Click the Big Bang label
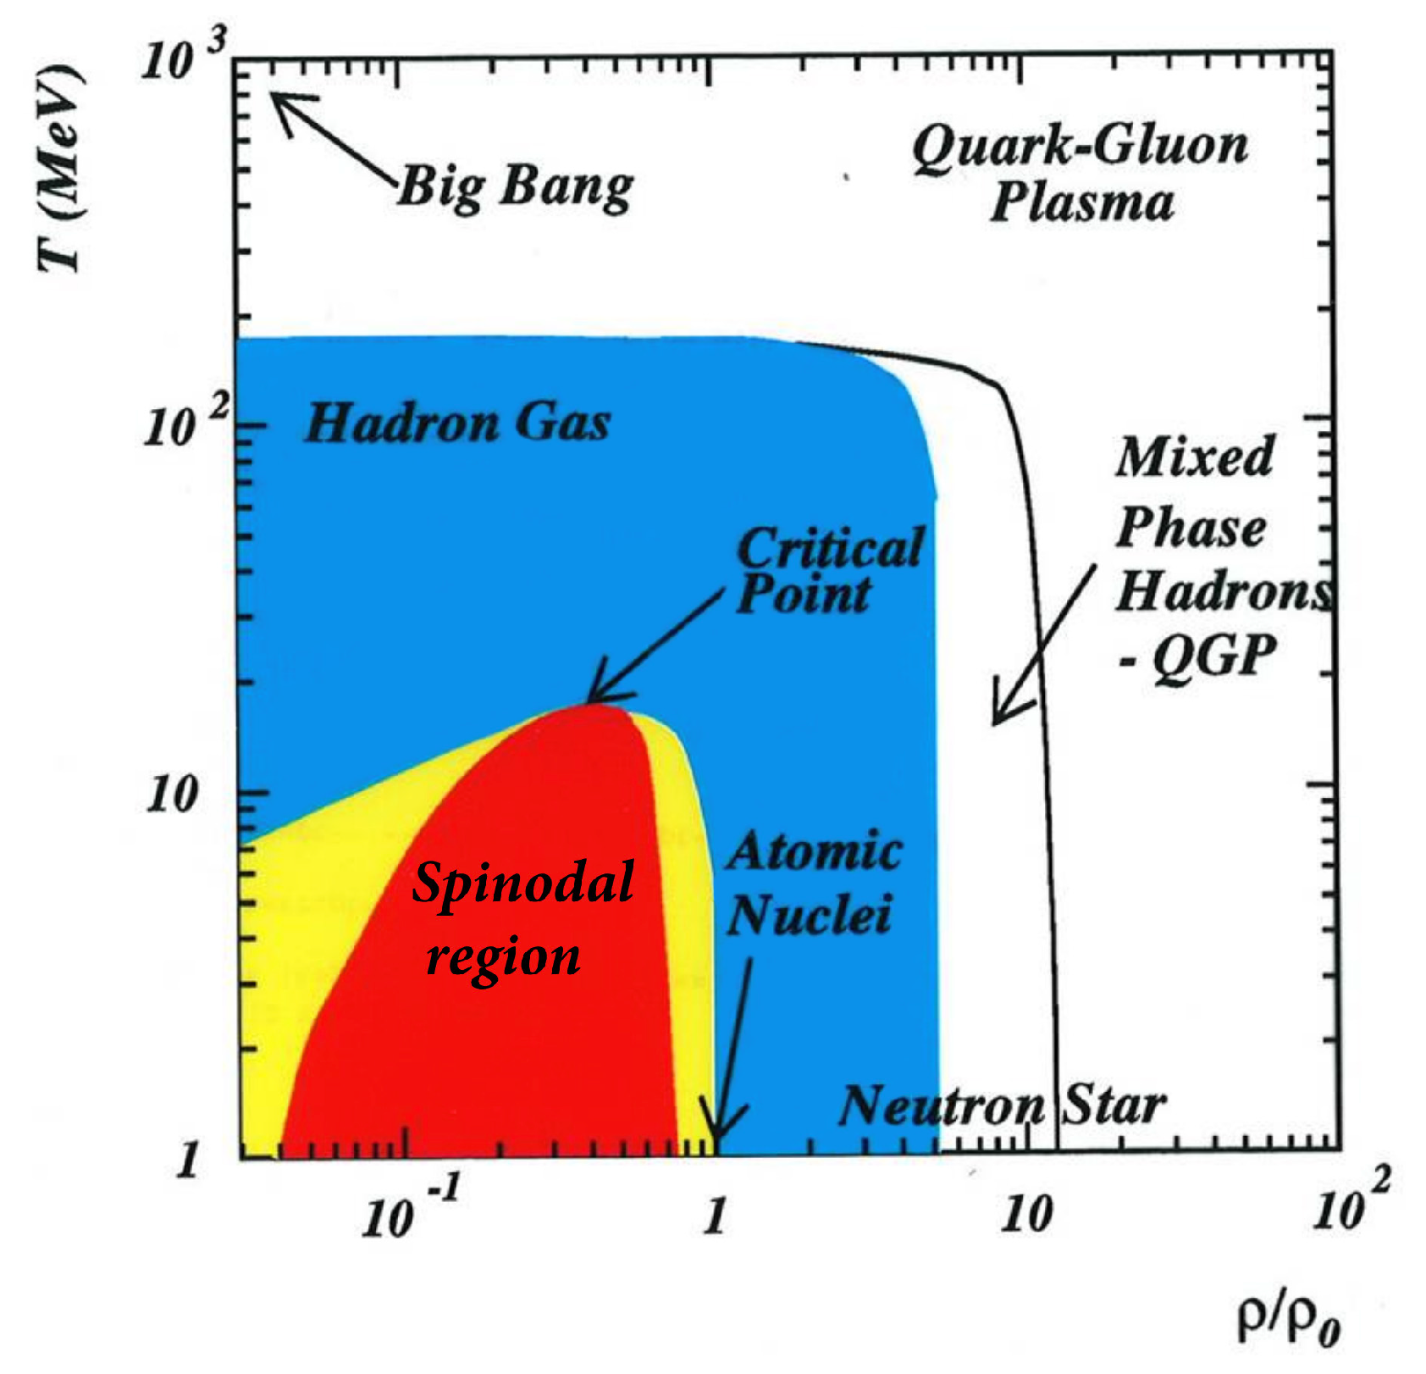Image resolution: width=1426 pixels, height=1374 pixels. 515,187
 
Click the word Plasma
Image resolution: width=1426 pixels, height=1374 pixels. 1082,203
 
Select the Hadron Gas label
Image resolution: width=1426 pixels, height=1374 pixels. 457,423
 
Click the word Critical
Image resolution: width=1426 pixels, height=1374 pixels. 831,548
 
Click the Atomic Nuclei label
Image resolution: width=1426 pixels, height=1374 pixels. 813,884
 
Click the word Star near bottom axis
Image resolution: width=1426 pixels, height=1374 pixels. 1114,1105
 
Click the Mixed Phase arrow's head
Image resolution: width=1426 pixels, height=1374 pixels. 998,720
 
